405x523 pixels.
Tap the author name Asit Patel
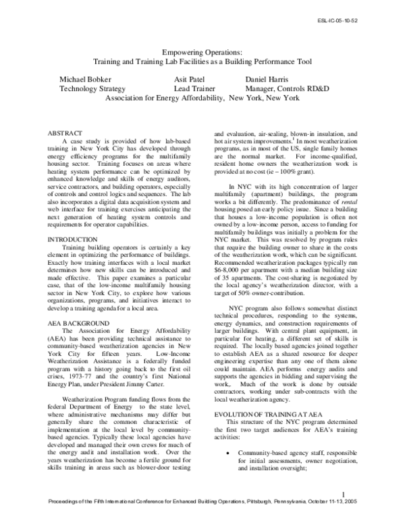click(x=192, y=78)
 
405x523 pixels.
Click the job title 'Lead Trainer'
click(x=194, y=88)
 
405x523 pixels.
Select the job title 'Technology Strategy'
click(x=92, y=88)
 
